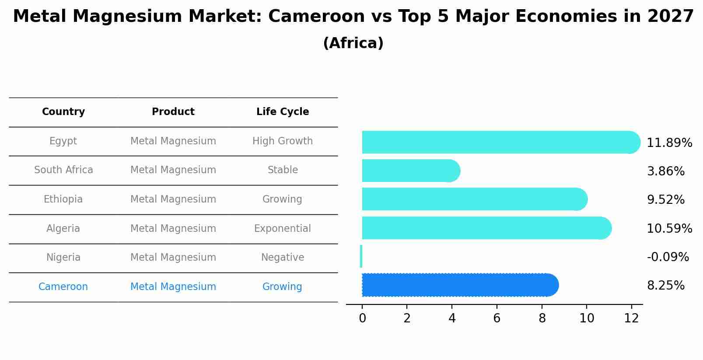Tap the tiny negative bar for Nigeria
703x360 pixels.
click(x=361, y=256)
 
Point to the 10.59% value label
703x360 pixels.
click(x=669, y=228)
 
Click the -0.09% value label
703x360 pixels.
click(x=668, y=257)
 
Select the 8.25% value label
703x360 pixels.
click(x=665, y=286)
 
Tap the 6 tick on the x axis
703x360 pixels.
click(x=497, y=318)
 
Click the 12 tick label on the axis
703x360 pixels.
click(x=631, y=318)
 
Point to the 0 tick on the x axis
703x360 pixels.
click(x=362, y=318)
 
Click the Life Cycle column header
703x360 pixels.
click(x=283, y=112)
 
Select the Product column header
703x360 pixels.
click(x=173, y=112)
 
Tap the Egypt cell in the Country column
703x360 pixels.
click(x=63, y=141)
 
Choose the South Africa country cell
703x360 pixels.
click(x=63, y=170)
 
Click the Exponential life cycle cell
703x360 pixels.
click(x=283, y=228)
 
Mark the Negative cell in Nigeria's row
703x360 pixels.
click(x=283, y=257)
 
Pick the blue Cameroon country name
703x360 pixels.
click(x=63, y=287)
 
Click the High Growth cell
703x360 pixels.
click(x=283, y=141)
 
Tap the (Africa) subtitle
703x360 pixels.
click(x=353, y=43)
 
